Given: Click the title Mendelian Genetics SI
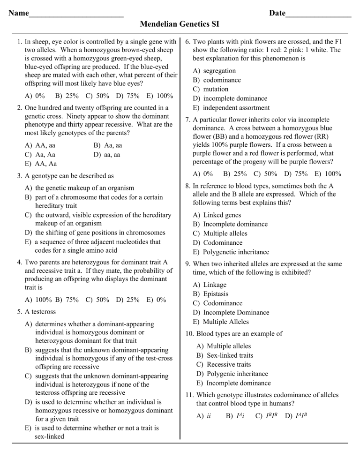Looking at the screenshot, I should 180,23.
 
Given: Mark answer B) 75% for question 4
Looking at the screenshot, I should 66,299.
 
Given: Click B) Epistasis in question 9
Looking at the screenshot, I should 210,294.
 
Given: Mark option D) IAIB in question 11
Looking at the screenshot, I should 298,415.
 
